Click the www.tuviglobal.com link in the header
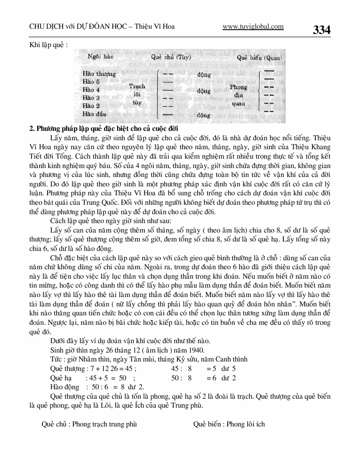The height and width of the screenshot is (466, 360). tap(253, 27)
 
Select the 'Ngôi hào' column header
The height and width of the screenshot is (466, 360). tap(99, 57)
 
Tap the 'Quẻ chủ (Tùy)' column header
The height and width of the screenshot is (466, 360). tap(171, 57)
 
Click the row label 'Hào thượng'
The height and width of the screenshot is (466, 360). tap(99, 74)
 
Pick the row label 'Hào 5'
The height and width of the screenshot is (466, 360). tap(91, 81)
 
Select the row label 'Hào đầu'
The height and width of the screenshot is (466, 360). tap(94, 113)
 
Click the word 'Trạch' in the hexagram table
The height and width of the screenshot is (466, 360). tap(137, 86)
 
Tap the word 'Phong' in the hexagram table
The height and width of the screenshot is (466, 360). tap(239, 87)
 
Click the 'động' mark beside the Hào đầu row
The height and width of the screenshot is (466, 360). tap(204, 114)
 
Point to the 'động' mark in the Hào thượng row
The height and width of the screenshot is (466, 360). tap(204, 74)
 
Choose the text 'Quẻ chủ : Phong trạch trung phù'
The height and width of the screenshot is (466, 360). tap(89, 424)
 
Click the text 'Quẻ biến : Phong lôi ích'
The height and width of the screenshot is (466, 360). tap(229, 424)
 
